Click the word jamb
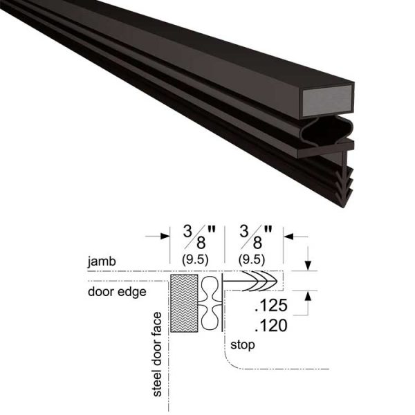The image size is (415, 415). coord(102,263)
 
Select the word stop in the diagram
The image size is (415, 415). coord(245,344)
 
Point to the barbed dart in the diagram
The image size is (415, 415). coord(256,282)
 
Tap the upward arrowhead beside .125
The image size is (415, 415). coord(307,296)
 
